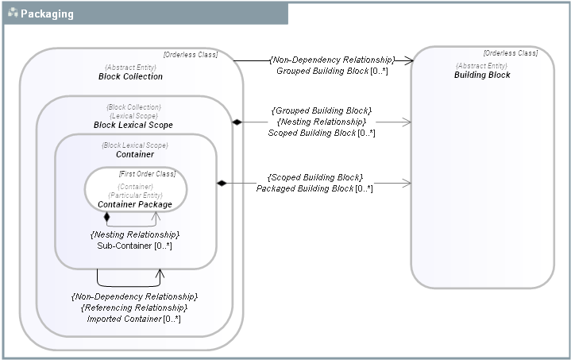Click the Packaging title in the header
click(47, 14)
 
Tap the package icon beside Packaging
click(13, 14)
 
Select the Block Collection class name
click(130, 76)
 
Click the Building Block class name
click(482, 75)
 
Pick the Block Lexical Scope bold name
click(133, 125)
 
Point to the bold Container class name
click(134, 154)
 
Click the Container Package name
click(134, 204)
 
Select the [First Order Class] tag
click(147, 174)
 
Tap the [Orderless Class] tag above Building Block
click(510, 53)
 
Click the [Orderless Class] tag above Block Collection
click(190, 55)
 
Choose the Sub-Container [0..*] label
click(134, 246)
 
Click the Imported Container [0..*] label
click(133, 319)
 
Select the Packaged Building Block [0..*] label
click(314, 188)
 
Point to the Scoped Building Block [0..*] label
click(321, 133)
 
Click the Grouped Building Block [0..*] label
click(322, 71)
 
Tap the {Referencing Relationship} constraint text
click(133, 308)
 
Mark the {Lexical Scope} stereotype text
click(133, 115)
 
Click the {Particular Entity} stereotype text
click(134, 195)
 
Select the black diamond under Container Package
click(106, 216)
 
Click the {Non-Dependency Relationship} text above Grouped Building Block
click(331, 60)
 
